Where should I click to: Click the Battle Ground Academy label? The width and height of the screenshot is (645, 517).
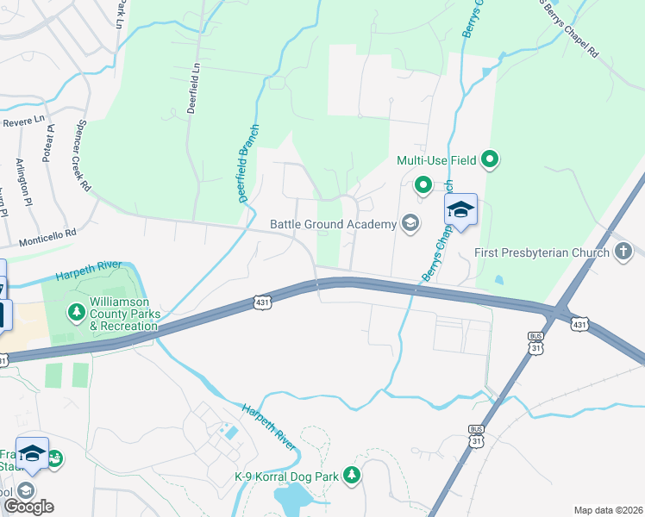pyautogui.click(x=332, y=224)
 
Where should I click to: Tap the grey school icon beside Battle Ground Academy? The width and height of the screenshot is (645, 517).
pyautogui.click(x=410, y=224)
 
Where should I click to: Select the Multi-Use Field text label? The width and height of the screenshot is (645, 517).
pyautogui.click(x=436, y=159)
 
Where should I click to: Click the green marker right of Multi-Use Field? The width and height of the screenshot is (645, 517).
pyautogui.click(x=491, y=159)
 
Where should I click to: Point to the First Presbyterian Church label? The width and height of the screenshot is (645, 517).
pyautogui.click(x=541, y=253)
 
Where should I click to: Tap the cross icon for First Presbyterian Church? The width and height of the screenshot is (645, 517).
pyautogui.click(x=623, y=252)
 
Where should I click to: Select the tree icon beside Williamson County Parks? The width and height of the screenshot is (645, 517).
pyautogui.click(x=77, y=310)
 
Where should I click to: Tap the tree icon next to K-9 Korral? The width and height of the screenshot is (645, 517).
pyautogui.click(x=351, y=476)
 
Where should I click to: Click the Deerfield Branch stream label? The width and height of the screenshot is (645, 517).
pyautogui.click(x=248, y=162)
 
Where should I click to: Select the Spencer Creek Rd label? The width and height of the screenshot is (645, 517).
pyautogui.click(x=83, y=155)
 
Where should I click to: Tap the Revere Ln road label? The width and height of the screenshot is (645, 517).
pyautogui.click(x=22, y=120)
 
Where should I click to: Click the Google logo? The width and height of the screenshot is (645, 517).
pyautogui.click(x=28, y=507)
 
